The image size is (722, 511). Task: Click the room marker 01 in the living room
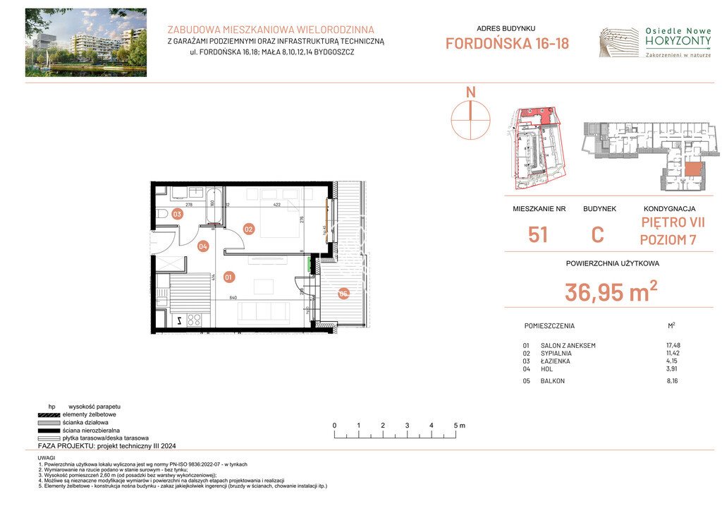pos(228,277)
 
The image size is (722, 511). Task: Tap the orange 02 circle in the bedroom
pos(248,229)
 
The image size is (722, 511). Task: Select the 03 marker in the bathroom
pos(178,214)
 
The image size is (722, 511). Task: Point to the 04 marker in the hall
pos(203,246)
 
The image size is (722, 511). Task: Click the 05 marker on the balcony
pos(343,294)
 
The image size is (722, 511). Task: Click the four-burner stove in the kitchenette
pos(195,320)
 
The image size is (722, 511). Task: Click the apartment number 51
pos(537,234)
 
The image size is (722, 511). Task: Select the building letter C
pos(597,234)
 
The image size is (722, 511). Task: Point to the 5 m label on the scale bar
pos(459,426)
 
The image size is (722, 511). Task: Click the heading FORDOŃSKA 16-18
pos(507,43)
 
